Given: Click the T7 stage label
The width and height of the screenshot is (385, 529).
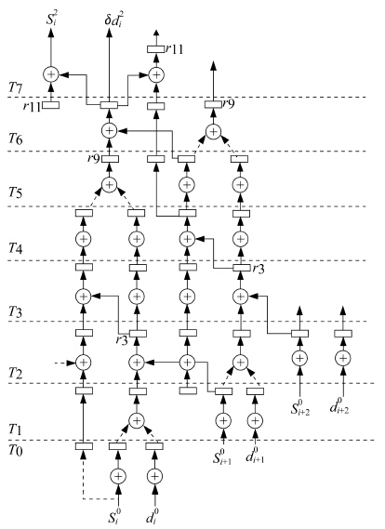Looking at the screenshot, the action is tap(16, 88).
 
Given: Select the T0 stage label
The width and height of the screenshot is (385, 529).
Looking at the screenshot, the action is tap(16, 451).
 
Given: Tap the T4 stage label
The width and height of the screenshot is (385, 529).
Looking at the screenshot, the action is tap(16, 249).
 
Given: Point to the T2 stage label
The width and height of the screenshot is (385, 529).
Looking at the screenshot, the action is tap(16, 374).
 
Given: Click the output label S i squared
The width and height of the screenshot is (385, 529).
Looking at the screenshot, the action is tap(52, 20).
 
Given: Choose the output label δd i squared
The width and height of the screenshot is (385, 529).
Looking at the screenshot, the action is tap(113, 20).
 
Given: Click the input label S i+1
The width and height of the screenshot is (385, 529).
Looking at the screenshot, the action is tap(222, 456).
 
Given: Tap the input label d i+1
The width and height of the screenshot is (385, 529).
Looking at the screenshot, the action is tap(255, 456).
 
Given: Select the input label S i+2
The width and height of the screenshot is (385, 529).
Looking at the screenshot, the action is tap(300, 407).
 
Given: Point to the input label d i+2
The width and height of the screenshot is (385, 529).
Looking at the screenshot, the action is tap(339, 406).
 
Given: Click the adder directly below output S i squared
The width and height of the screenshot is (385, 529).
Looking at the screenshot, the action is tap(51, 74).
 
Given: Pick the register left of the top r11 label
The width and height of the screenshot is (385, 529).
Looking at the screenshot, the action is tap(156, 49).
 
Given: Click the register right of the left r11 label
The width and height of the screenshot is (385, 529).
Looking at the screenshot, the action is tap(50, 105).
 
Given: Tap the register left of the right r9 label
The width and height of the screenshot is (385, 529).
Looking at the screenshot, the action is tap(213, 104).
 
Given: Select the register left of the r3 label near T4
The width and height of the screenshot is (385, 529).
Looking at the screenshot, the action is tap(242, 268).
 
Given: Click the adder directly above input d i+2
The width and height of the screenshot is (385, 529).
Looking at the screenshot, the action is tap(343, 358).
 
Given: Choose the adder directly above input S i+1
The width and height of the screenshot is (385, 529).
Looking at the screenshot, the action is tap(222, 421).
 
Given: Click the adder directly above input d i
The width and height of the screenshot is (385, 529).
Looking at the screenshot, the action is tap(154, 476).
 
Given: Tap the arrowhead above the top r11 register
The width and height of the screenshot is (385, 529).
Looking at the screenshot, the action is tap(156, 33).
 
